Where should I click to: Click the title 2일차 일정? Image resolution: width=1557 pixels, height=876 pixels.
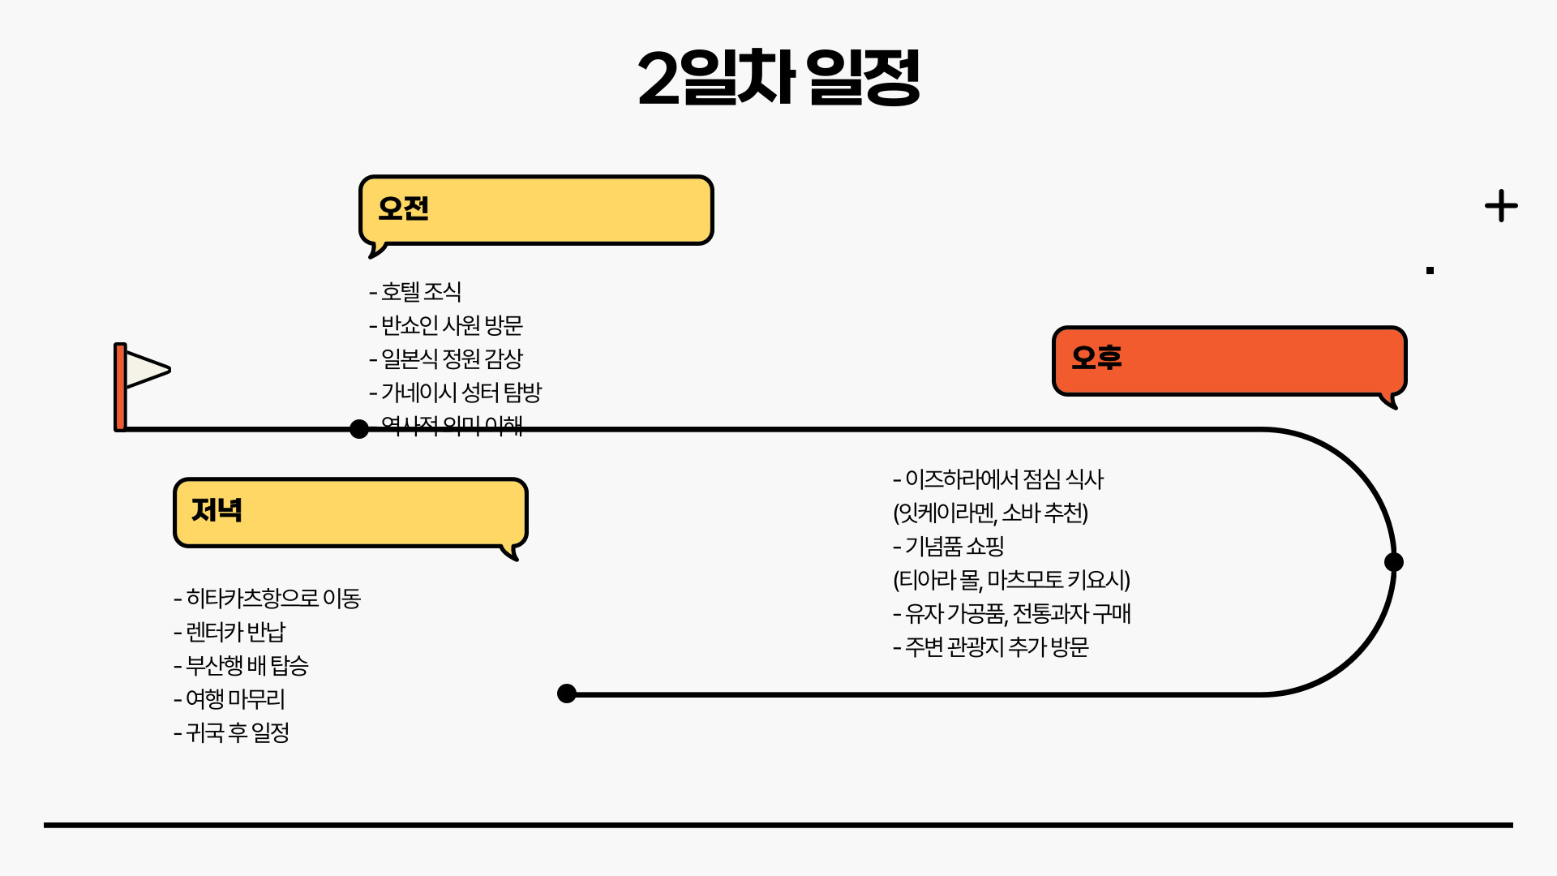coord(778,78)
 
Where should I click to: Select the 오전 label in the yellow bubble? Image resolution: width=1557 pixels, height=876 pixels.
coord(403,208)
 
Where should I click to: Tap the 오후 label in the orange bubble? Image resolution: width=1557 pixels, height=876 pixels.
coord(1096,358)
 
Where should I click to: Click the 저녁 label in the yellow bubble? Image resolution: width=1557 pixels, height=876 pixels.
coord(217,510)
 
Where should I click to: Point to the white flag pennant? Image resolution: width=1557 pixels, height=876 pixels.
coord(146,370)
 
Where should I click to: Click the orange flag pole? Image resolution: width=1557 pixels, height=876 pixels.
coord(120,387)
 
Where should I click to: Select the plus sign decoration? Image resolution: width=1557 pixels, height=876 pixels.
coord(1501,206)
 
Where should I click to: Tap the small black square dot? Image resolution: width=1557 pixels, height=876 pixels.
coord(1430,271)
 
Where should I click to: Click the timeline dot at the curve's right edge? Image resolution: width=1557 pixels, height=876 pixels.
coord(1393,562)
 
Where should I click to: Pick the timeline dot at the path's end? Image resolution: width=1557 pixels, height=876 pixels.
coord(567,693)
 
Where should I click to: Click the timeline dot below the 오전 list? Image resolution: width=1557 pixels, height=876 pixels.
coord(359,429)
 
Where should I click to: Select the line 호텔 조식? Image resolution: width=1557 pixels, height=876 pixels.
coord(415,292)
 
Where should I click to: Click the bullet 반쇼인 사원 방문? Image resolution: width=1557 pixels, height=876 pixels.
coord(446,325)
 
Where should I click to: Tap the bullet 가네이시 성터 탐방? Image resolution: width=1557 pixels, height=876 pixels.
coord(455,393)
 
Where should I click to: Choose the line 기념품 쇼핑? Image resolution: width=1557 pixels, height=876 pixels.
coord(949,547)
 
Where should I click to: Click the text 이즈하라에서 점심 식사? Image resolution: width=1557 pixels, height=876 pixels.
coord(998,479)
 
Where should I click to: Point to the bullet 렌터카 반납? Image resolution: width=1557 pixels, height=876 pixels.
coord(229,632)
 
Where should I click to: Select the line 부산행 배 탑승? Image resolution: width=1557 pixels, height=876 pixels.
coord(241,665)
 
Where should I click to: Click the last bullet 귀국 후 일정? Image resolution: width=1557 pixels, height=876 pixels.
coord(231,732)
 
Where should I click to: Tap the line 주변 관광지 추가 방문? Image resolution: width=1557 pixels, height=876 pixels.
coord(991,647)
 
